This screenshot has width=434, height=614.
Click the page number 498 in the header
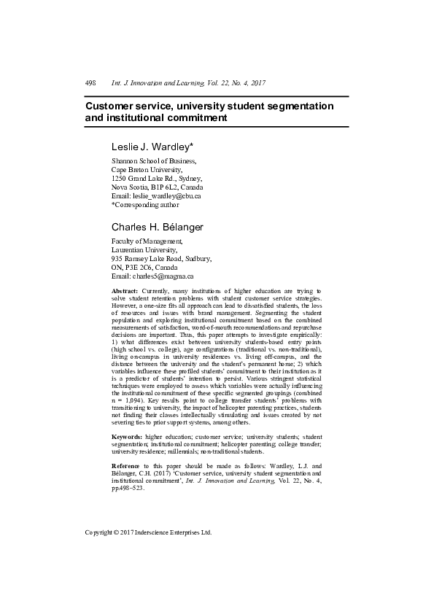tap(91, 83)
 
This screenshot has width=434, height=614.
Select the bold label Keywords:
tap(127, 436)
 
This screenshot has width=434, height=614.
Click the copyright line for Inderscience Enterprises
tap(149, 532)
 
